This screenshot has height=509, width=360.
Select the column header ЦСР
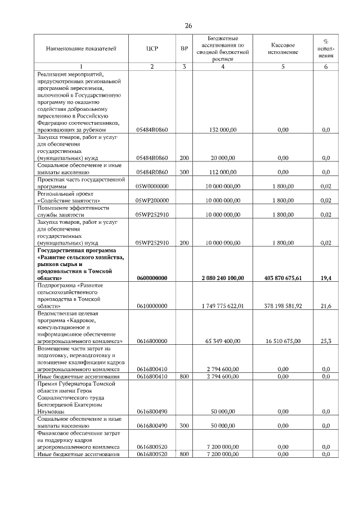click(152, 49)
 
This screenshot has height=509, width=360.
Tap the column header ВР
click(184, 49)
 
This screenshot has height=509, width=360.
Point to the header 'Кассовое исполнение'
click(283, 48)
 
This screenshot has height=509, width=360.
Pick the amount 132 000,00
click(223, 129)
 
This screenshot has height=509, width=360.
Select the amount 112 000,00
click(223, 172)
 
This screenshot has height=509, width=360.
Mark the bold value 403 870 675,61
click(283, 278)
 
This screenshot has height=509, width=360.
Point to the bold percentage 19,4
click(326, 278)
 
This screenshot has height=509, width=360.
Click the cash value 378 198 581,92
click(283, 306)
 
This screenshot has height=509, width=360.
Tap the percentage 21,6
click(326, 306)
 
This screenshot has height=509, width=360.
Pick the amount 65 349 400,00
click(223, 341)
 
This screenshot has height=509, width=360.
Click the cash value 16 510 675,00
click(283, 341)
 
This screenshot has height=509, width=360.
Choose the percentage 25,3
click(326, 341)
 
